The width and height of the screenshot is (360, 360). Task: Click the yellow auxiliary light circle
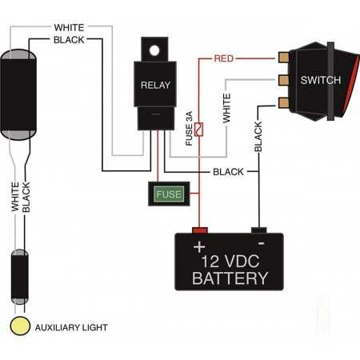[x=20, y=326]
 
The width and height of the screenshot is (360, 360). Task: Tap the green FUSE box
[x=169, y=194]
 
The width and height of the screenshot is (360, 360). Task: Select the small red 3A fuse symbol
[x=198, y=130]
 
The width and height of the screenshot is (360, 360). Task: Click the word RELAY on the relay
[x=155, y=85]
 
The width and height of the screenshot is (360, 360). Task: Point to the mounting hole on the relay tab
[x=154, y=50]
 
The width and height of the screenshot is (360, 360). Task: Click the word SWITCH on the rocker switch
[x=321, y=80]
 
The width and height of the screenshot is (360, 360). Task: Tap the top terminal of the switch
[x=283, y=58]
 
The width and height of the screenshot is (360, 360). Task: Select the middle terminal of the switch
[x=283, y=80]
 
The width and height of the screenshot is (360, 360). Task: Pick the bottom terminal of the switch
[x=283, y=103]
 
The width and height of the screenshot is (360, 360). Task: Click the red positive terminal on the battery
[x=200, y=230]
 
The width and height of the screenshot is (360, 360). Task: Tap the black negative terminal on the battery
[x=259, y=230]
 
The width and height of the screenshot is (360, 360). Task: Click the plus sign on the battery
[x=199, y=246]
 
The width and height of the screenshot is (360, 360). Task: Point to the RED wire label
[x=224, y=58]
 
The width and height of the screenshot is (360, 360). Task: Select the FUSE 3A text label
[x=189, y=129]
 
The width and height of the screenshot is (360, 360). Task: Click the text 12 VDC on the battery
[x=230, y=262]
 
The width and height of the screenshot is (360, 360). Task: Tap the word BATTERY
[x=230, y=278]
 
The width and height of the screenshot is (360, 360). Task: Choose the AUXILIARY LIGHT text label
[x=71, y=327]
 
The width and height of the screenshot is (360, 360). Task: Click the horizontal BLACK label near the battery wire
[x=228, y=172]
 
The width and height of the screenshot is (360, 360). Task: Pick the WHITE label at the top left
[x=69, y=27]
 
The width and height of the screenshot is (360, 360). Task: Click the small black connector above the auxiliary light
[x=20, y=277]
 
